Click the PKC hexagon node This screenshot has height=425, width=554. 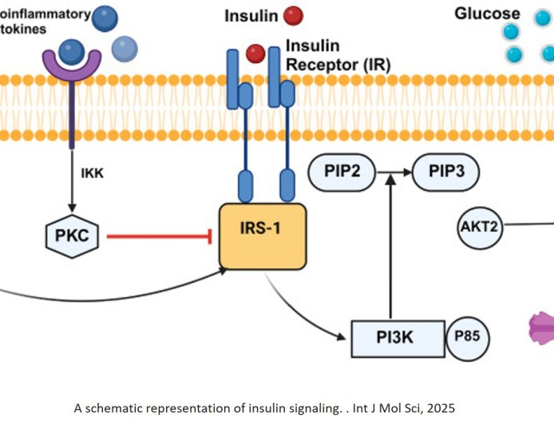71,236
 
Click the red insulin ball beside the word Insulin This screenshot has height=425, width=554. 293,15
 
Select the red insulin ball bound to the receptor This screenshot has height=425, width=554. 255,54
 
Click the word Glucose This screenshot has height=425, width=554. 487,14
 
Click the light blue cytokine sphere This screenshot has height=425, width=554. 124,50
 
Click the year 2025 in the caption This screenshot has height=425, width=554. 443,408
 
